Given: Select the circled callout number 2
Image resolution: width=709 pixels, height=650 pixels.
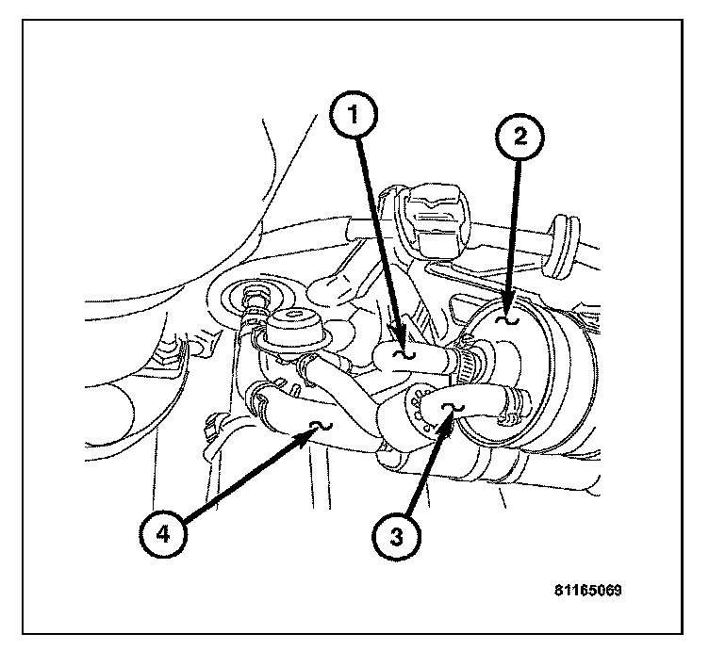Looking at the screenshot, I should (x=519, y=138).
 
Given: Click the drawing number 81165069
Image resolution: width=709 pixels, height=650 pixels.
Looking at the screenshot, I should (x=587, y=592).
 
